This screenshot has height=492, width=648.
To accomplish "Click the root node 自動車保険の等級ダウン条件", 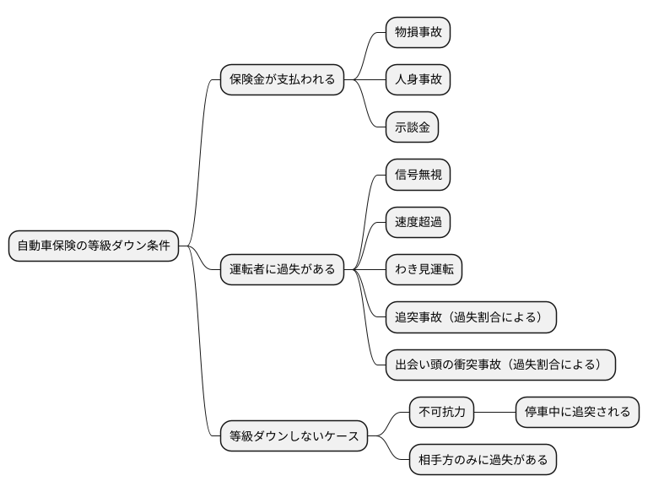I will pos(94,246).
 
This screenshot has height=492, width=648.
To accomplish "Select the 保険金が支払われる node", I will pos(282,80).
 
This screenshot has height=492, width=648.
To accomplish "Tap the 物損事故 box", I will pos(418,32).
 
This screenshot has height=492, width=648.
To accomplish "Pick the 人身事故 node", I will pos(418,80).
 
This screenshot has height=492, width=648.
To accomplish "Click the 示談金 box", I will pos(412,127).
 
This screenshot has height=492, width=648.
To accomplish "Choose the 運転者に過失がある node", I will pos(282,270).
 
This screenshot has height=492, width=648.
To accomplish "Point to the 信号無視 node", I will pos(418,175).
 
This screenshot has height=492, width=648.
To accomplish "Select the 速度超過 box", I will pos(418,222).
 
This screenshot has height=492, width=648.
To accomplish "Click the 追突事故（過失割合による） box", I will pos(471,317).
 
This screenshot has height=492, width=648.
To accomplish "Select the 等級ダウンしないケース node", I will pos(294,436).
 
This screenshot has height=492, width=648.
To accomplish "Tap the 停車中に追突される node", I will pos(577,413).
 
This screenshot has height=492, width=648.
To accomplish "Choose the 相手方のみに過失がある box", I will pos(483,460).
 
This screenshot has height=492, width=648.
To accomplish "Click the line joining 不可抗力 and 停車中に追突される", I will pos(494,413).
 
